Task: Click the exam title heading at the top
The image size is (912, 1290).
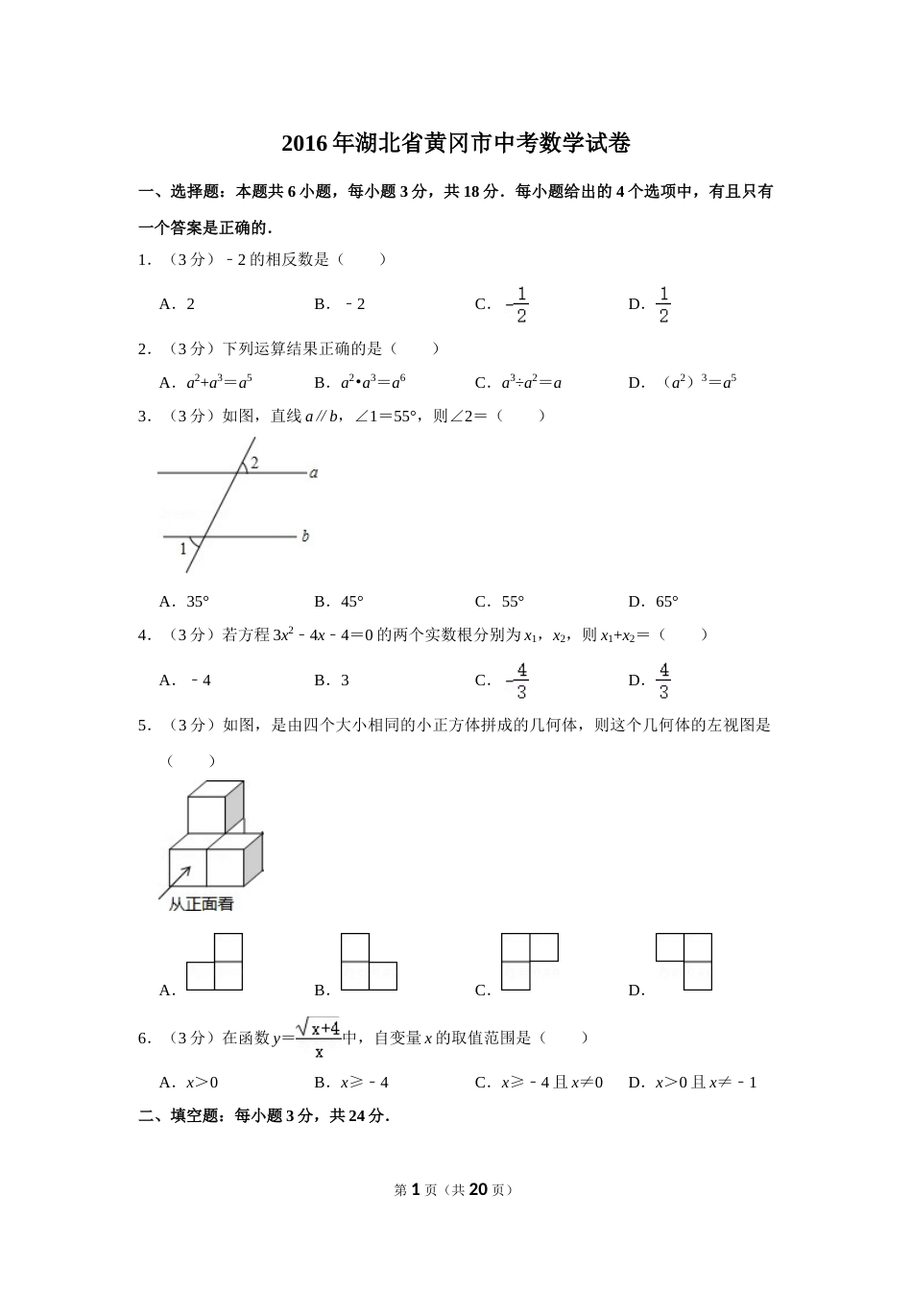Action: coord(456,144)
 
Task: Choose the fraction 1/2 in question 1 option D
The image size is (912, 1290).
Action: coord(663,304)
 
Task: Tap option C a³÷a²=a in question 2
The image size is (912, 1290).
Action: coord(531,382)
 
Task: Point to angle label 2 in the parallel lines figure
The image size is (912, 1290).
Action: coord(254,463)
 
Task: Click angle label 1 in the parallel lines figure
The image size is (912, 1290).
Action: coord(183,549)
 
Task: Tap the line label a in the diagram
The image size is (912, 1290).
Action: coord(314,472)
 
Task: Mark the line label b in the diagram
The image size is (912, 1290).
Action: coord(305,536)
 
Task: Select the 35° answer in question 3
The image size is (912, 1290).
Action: coord(197,602)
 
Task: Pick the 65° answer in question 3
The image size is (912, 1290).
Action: coord(666,602)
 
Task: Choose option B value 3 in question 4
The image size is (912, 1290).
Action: coord(345,681)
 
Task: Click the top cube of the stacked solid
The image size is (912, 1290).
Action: coord(208,809)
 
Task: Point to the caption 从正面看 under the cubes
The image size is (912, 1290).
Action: coord(202,904)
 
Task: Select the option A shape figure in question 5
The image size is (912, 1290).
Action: coord(214,963)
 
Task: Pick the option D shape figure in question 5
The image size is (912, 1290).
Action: coord(684,961)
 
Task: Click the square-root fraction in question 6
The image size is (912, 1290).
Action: coord(318,1038)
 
